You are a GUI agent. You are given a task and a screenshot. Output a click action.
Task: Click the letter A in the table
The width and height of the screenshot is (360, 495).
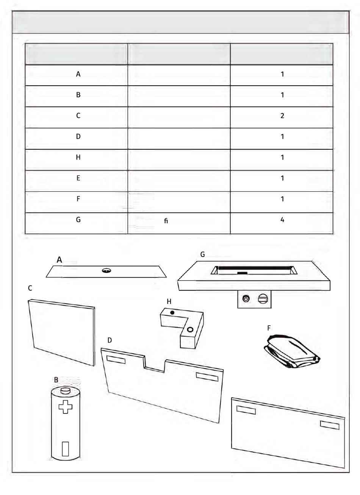pos(78,74)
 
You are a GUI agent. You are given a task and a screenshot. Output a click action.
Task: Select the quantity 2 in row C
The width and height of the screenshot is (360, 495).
pos(282,116)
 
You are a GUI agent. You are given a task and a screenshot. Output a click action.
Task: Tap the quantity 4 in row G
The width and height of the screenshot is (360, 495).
pos(282,220)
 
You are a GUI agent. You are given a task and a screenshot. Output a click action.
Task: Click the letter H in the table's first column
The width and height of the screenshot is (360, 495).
pos(78,157)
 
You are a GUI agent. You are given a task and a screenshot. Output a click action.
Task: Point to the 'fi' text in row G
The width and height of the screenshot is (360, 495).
pos(166,221)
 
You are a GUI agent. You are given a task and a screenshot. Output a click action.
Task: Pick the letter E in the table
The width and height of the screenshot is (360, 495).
pos(78,178)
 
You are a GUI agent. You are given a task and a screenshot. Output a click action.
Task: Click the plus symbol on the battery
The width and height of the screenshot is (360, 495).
pos(65,407)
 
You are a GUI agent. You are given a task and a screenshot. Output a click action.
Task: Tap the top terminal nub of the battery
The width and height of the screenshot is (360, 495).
pos(66,390)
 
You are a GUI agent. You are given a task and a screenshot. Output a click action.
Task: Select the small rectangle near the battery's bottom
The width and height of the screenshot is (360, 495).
pos(65,448)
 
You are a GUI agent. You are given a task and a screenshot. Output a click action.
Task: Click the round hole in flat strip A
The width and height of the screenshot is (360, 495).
pos(106,271)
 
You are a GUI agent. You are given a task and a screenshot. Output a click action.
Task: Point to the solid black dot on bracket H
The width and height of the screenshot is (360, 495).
pos(172,313)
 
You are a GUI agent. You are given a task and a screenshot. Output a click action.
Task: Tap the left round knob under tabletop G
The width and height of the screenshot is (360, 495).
pos(246,299)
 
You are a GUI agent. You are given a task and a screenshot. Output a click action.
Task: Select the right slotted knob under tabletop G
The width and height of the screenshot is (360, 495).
pos(263,299)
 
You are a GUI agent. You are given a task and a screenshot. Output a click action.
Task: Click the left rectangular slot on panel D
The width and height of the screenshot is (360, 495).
pos(116,360)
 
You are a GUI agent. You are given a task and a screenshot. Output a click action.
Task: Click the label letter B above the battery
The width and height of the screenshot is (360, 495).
pos(56,379)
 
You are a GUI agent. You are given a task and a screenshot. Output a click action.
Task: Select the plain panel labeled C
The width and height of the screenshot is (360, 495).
pos(62,332)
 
